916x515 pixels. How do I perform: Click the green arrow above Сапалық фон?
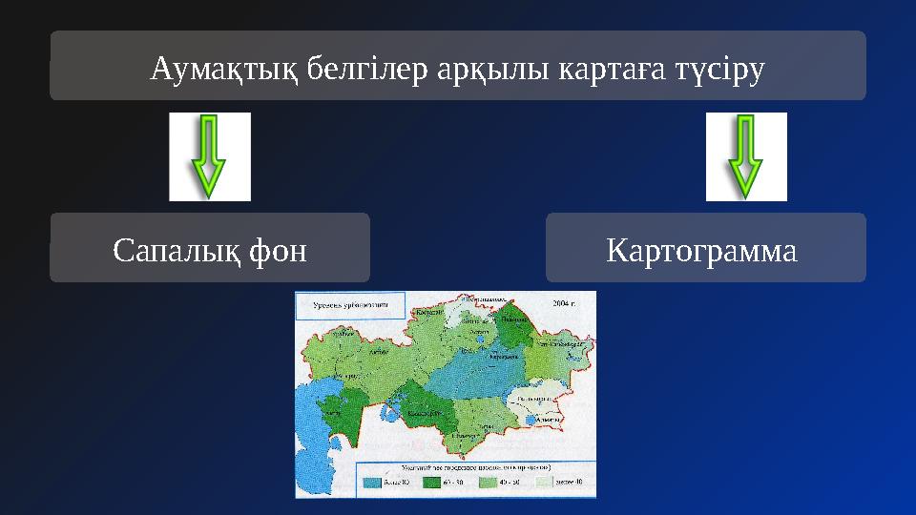click(x=209, y=156)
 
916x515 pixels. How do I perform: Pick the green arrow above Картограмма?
click(x=745, y=156)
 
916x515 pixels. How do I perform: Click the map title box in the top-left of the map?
click(x=352, y=306)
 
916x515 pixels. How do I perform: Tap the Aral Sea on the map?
click(x=388, y=412)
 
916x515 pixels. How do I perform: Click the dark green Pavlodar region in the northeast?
click(x=511, y=329)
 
